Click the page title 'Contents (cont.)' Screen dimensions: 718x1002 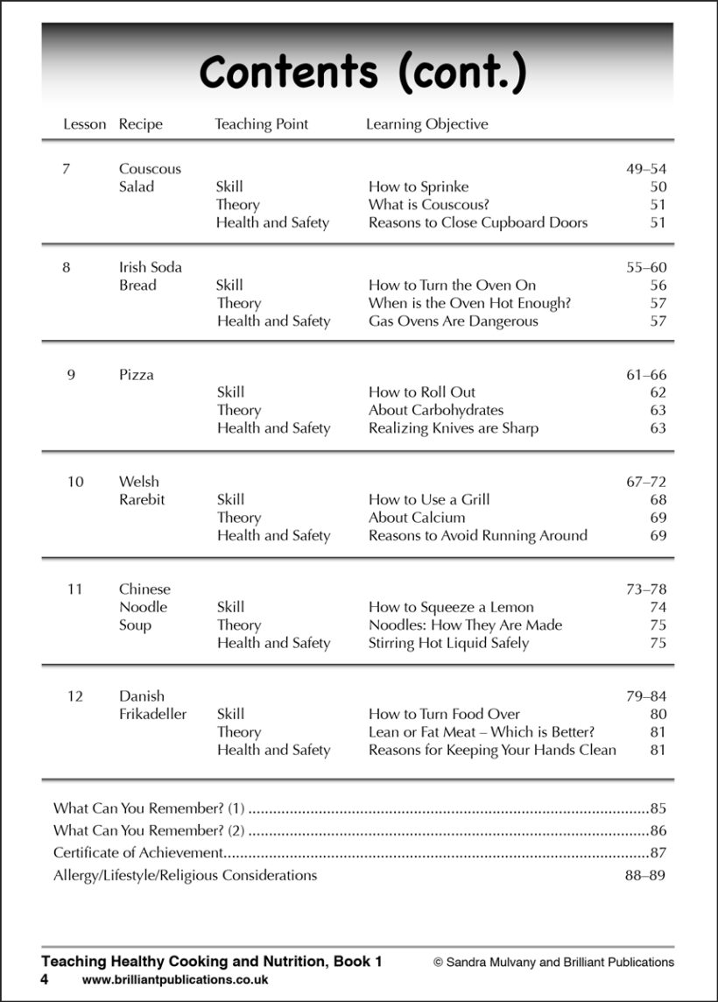[363, 73]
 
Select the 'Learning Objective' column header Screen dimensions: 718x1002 [426, 124]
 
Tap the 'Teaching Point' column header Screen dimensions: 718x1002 [261, 124]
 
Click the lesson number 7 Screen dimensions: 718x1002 [66, 168]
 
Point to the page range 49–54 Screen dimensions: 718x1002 [645, 169]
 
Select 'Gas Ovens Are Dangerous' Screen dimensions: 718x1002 [453, 321]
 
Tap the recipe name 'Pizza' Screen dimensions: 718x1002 [136, 375]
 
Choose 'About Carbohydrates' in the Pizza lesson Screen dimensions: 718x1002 [435, 410]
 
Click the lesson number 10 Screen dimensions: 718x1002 [75, 482]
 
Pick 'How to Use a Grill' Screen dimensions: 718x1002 [428, 500]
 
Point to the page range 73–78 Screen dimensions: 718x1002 [645, 589]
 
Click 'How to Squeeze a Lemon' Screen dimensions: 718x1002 [450, 607]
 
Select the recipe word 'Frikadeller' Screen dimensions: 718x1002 [152, 715]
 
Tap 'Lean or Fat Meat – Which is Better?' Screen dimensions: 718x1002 [482, 732]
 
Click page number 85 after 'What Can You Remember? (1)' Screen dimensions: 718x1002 [658, 808]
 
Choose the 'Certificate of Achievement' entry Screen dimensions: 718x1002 [137, 853]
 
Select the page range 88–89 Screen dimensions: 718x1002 [645, 875]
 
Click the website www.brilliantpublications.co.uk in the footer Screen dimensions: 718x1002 [175, 980]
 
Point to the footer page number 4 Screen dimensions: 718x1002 [44, 979]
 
